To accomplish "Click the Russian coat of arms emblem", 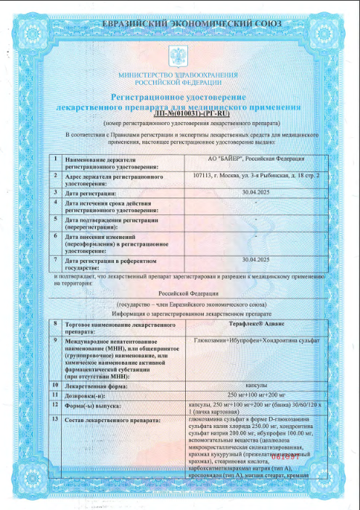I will click(177, 55).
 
